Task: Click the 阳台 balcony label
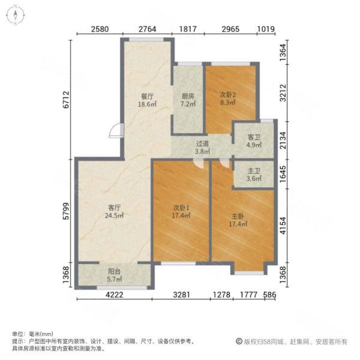[x=115, y=275]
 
